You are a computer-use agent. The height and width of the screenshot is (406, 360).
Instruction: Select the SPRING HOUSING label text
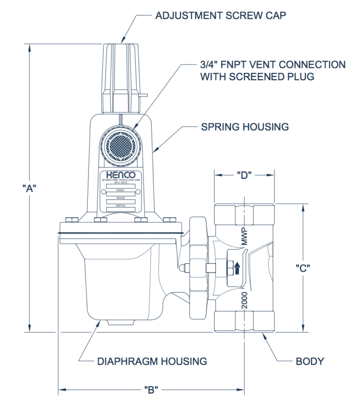coord(244,127)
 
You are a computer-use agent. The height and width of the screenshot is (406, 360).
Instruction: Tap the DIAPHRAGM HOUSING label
coord(153,361)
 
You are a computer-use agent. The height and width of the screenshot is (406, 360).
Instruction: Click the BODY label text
coord(309,361)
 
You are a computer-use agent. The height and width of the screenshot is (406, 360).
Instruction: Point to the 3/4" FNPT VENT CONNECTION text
coord(272,65)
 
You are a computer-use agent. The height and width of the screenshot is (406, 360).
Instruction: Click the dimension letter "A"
coord(30,189)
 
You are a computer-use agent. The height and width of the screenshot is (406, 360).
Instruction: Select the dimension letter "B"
coord(151,389)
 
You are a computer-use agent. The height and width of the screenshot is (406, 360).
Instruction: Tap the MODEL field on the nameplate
coord(120,191)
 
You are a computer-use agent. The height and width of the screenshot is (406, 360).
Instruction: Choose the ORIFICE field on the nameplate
coord(120,206)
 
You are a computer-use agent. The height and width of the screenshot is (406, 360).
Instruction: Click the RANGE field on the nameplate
coord(120,198)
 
